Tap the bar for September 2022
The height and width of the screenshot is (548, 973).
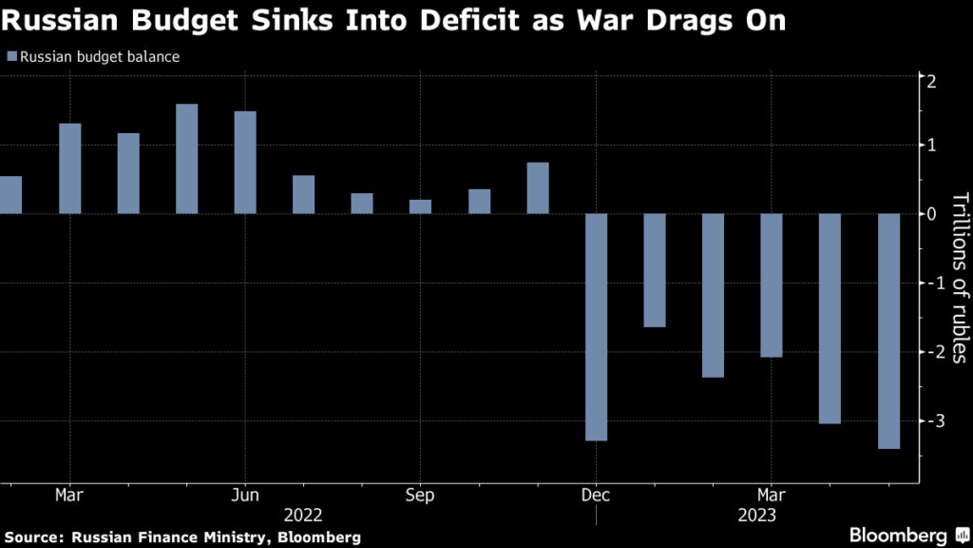420,206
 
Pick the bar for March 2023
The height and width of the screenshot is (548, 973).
771,285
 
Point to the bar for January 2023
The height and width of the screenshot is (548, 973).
654,270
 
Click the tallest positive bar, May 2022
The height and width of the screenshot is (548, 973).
187,158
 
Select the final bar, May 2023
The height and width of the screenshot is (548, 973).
887,330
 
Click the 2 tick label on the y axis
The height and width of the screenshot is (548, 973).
934,81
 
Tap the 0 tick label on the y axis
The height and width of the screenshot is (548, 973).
934,214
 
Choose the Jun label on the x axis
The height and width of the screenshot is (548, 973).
245,495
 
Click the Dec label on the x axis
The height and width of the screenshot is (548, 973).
596,495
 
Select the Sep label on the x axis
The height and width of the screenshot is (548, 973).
420,495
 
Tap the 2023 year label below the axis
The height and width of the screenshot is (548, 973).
756,515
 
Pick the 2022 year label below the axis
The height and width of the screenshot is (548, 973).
303,515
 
